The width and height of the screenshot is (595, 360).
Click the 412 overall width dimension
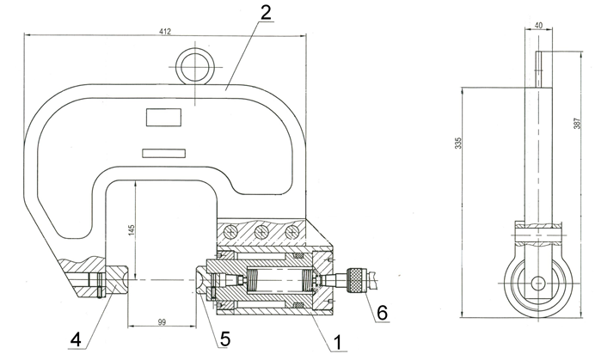(165, 32)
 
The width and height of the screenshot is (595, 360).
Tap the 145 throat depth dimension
(132, 230)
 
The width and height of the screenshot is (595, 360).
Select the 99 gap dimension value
(162, 321)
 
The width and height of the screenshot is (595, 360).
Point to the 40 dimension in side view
(538, 26)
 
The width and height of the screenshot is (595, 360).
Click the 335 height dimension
(458, 143)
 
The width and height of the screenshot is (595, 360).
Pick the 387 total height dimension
(577, 123)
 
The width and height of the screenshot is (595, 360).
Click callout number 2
(265, 13)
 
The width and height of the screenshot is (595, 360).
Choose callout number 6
(382, 312)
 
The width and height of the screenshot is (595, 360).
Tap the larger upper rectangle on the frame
(163, 117)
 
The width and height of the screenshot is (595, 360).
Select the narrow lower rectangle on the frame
(163, 153)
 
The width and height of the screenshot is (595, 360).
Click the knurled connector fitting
(356, 280)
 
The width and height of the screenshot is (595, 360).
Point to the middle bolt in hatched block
(261, 231)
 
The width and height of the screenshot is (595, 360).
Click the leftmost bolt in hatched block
(230, 231)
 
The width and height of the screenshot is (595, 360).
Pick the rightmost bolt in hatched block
(291, 231)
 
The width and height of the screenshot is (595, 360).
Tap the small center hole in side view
(537, 283)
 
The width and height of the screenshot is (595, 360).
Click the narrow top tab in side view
(539, 70)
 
